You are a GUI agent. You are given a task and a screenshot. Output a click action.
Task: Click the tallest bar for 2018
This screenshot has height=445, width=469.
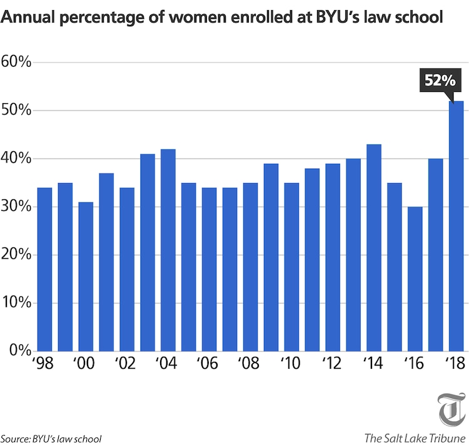(456, 226)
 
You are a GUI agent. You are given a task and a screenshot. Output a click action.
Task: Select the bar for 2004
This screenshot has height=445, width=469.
(168, 250)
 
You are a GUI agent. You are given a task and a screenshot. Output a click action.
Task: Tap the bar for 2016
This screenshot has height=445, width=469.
(415, 279)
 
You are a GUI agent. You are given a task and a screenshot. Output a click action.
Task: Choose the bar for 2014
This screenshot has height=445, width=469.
(374, 247)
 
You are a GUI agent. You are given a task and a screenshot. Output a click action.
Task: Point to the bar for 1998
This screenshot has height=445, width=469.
(44, 269)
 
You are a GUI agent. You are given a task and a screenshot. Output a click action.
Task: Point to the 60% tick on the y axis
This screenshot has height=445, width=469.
(17, 62)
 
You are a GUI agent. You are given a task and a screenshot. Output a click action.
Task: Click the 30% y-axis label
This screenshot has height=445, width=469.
(17, 206)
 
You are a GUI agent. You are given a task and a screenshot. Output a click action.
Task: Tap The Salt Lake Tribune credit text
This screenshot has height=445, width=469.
(414, 436)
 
